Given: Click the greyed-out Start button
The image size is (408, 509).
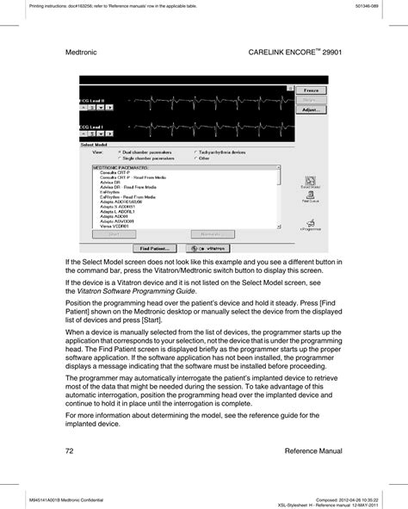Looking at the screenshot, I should tap(115, 234).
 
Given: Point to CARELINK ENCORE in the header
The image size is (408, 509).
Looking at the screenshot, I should tap(275, 53).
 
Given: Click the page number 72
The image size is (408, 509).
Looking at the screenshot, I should tap(70, 450).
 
